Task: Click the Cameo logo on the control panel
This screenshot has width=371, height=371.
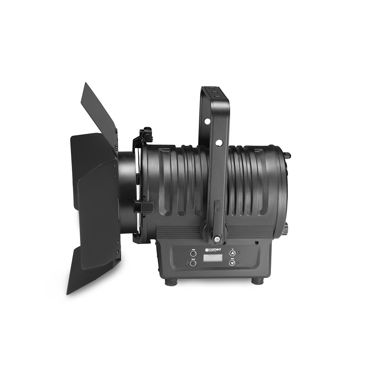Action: [x=213, y=250]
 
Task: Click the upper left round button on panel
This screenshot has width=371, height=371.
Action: [x=193, y=254]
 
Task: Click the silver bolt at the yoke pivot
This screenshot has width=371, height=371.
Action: [x=217, y=238]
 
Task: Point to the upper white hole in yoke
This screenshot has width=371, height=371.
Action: [x=207, y=121]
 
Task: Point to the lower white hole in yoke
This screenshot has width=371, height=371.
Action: [x=219, y=142]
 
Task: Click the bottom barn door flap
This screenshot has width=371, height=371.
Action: [x=91, y=275]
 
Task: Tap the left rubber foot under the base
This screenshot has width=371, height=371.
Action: [x=171, y=282]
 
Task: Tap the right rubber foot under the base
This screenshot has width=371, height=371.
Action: [x=257, y=281]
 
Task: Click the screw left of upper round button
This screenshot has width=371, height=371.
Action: [x=187, y=252]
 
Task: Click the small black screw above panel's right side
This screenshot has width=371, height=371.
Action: [x=256, y=243]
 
